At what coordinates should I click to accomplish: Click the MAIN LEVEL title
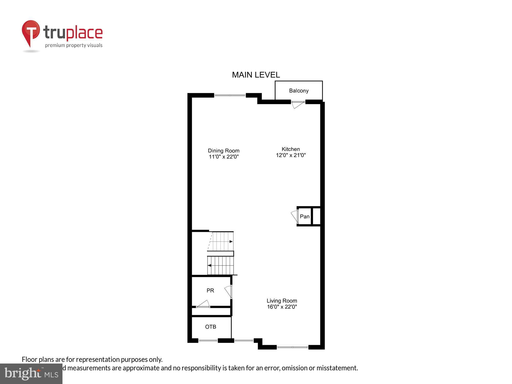tap(256, 75)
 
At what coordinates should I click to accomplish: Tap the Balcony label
tap(298, 91)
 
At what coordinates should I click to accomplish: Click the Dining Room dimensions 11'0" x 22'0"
tap(223, 157)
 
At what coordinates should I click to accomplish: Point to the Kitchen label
tap(291, 149)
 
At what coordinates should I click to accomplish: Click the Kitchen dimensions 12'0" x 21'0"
tap(291, 155)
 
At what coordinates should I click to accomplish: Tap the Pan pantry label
tap(304, 216)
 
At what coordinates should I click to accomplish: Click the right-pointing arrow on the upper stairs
tap(231, 241)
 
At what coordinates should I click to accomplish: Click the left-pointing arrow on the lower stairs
tap(209, 265)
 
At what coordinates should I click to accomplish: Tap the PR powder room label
tap(210, 290)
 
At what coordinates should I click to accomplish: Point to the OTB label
tap(210, 327)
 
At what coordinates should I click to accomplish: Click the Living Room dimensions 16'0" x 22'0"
tap(282, 307)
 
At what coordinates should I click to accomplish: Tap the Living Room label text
tap(282, 301)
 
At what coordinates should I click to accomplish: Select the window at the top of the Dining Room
tap(230, 95)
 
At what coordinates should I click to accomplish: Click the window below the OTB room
tap(208, 340)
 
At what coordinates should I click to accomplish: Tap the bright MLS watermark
tap(31, 374)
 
